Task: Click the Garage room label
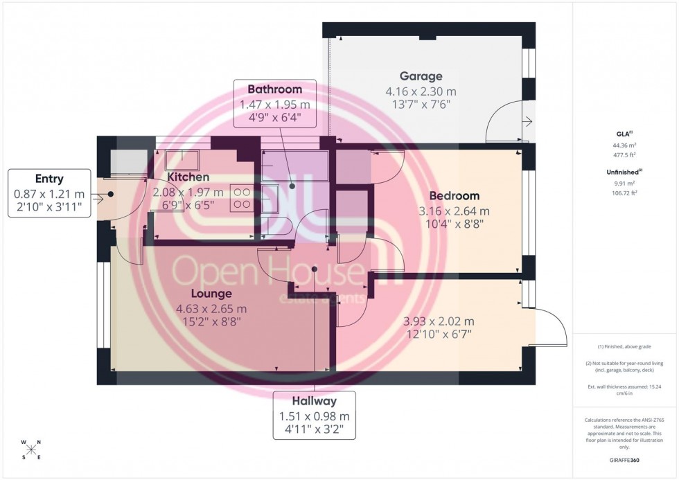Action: [421, 76]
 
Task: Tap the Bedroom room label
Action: [454, 196]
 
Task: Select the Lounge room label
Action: [203, 294]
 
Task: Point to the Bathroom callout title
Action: [275, 89]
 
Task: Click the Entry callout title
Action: [50, 179]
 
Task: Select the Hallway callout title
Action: [314, 401]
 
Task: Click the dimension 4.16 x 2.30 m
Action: [421, 91]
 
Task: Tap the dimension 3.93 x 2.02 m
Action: [439, 321]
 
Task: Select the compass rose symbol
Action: [31, 450]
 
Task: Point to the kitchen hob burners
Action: [243, 198]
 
